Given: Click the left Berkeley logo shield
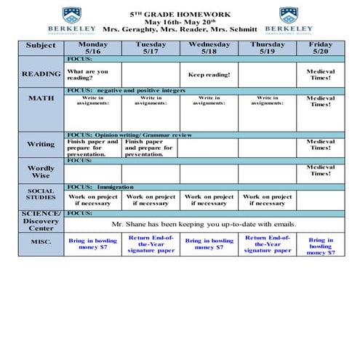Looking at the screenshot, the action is (x=72, y=15).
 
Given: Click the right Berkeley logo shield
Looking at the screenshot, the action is (x=289, y=15).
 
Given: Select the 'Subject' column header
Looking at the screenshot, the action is (x=41, y=46).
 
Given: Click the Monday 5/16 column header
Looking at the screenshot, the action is (x=92, y=47).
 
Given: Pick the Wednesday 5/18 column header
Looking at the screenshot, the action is (x=209, y=47).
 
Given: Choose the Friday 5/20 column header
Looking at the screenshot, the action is (x=321, y=47).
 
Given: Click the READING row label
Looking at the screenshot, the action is (x=41, y=74).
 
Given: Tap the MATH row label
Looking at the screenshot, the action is (x=41, y=97).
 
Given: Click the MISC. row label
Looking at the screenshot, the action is (x=41, y=242).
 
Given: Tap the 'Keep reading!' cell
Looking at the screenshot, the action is (x=209, y=75).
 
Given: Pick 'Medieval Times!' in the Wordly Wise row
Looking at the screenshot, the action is (x=321, y=170).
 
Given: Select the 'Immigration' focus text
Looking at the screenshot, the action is (x=115, y=187).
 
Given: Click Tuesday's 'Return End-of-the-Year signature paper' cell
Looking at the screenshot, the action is (x=151, y=244).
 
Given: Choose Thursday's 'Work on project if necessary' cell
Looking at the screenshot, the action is (x=267, y=200).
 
